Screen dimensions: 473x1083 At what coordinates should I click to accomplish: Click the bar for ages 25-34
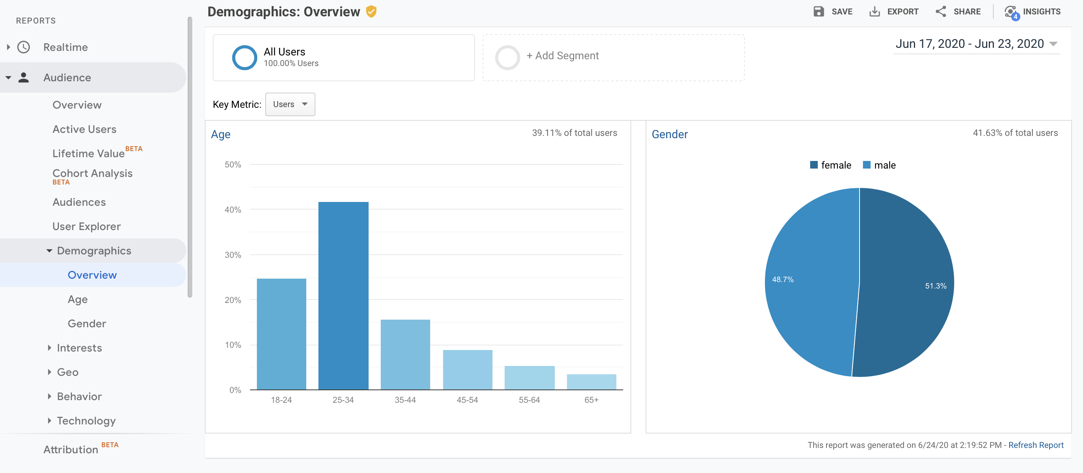(343, 296)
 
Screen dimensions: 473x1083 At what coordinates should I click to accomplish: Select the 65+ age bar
(591, 382)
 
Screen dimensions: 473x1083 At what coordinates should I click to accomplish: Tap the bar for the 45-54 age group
(467, 370)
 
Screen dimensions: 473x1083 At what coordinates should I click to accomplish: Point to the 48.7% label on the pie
(782, 279)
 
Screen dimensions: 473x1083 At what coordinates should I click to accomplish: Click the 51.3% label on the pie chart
(936, 285)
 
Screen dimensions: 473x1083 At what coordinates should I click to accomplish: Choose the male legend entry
(880, 165)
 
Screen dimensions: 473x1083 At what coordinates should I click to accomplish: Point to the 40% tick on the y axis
(233, 210)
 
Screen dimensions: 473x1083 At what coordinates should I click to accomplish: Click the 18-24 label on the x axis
(281, 400)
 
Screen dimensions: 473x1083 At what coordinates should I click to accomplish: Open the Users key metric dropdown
(290, 104)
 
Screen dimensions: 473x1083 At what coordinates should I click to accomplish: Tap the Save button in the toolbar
(833, 11)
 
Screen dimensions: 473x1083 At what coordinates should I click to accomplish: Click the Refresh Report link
(1035, 445)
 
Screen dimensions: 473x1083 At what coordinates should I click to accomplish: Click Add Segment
(562, 56)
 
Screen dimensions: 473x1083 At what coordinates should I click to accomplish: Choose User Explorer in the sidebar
(86, 226)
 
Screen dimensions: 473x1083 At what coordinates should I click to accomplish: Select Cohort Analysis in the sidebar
(92, 173)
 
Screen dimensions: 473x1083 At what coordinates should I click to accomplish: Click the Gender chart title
(669, 134)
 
